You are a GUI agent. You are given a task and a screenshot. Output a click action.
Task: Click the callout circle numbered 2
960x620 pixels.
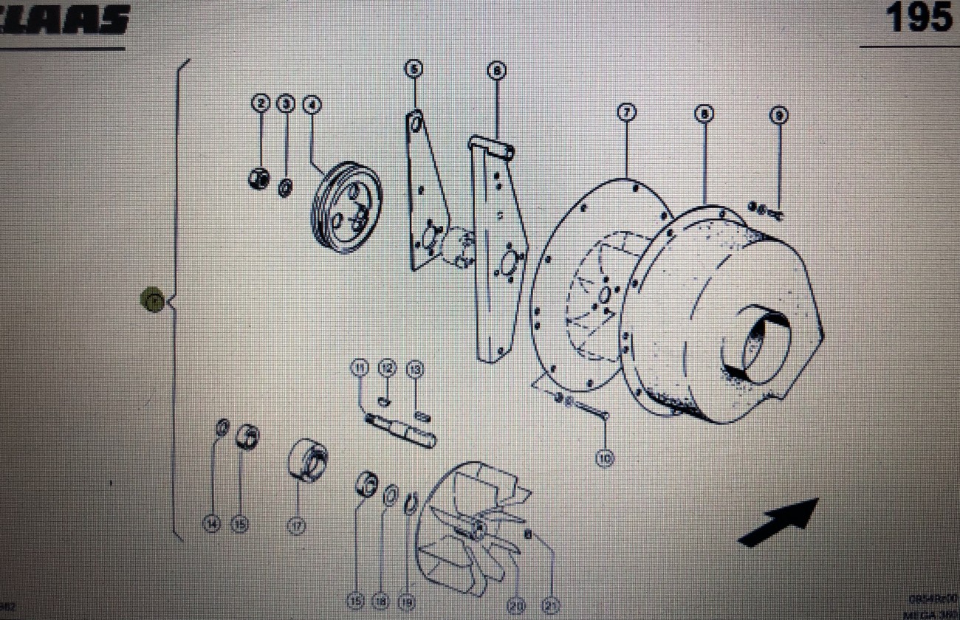(x=261, y=104)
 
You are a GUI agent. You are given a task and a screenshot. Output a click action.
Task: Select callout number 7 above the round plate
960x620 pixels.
(x=626, y=113)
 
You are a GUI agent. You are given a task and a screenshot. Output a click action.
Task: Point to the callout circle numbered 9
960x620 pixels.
(x=778, y=115)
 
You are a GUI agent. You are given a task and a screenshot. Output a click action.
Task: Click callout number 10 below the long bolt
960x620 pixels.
(x=605, y=458)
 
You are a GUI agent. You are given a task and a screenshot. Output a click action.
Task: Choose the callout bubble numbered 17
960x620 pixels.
(x=296, y=526)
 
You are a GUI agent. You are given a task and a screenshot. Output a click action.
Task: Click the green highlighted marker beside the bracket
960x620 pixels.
(x=153, y=300)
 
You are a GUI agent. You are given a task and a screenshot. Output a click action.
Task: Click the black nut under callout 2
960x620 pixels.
(x=259, y=179)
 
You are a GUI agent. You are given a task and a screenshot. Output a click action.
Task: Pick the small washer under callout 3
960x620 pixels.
(x=284, y=187)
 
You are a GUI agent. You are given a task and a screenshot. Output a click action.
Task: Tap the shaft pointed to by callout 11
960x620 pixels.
(x=401, y=431)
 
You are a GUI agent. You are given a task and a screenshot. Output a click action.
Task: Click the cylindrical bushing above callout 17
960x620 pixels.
(x=307, y=459)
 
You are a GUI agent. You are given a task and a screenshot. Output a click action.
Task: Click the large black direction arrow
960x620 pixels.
(x=779, y=522)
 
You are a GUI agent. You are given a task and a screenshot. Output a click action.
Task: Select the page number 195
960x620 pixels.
(x=919, y=18)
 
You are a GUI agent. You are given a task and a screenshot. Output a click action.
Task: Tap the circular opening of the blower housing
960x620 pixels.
(x=757, y=344)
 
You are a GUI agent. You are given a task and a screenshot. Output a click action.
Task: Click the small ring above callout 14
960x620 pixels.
(x=221, y=427)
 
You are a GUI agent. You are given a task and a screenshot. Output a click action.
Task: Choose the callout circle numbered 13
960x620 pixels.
(x=415, y=368)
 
